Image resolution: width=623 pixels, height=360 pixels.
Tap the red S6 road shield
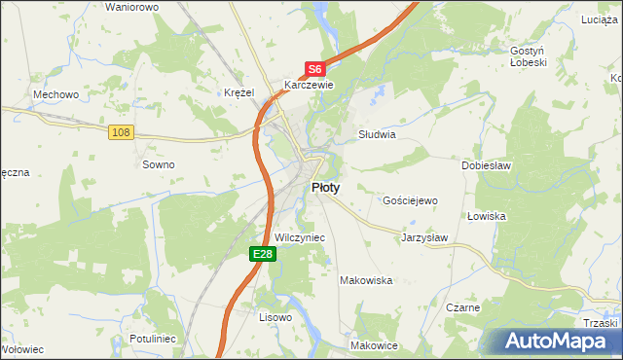click(313, 69)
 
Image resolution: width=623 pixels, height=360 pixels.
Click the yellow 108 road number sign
click(121, 132)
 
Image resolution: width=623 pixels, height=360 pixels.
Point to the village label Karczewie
click(309, 85)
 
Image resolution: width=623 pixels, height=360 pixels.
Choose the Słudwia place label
click(377, 135)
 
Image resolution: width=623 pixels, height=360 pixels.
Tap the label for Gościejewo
click(411, 199)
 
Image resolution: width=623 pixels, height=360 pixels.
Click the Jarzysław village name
click(424, 236)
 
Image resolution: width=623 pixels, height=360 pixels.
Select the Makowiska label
click(365, 280)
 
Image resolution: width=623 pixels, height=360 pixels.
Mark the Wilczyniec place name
click(300, 237)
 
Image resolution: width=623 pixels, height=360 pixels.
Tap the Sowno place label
click(159, 164)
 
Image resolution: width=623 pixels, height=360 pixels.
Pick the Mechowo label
click(55, 94)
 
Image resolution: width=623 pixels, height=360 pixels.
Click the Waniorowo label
click(131, 7)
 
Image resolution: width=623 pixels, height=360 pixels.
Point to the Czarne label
click(463, 307)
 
